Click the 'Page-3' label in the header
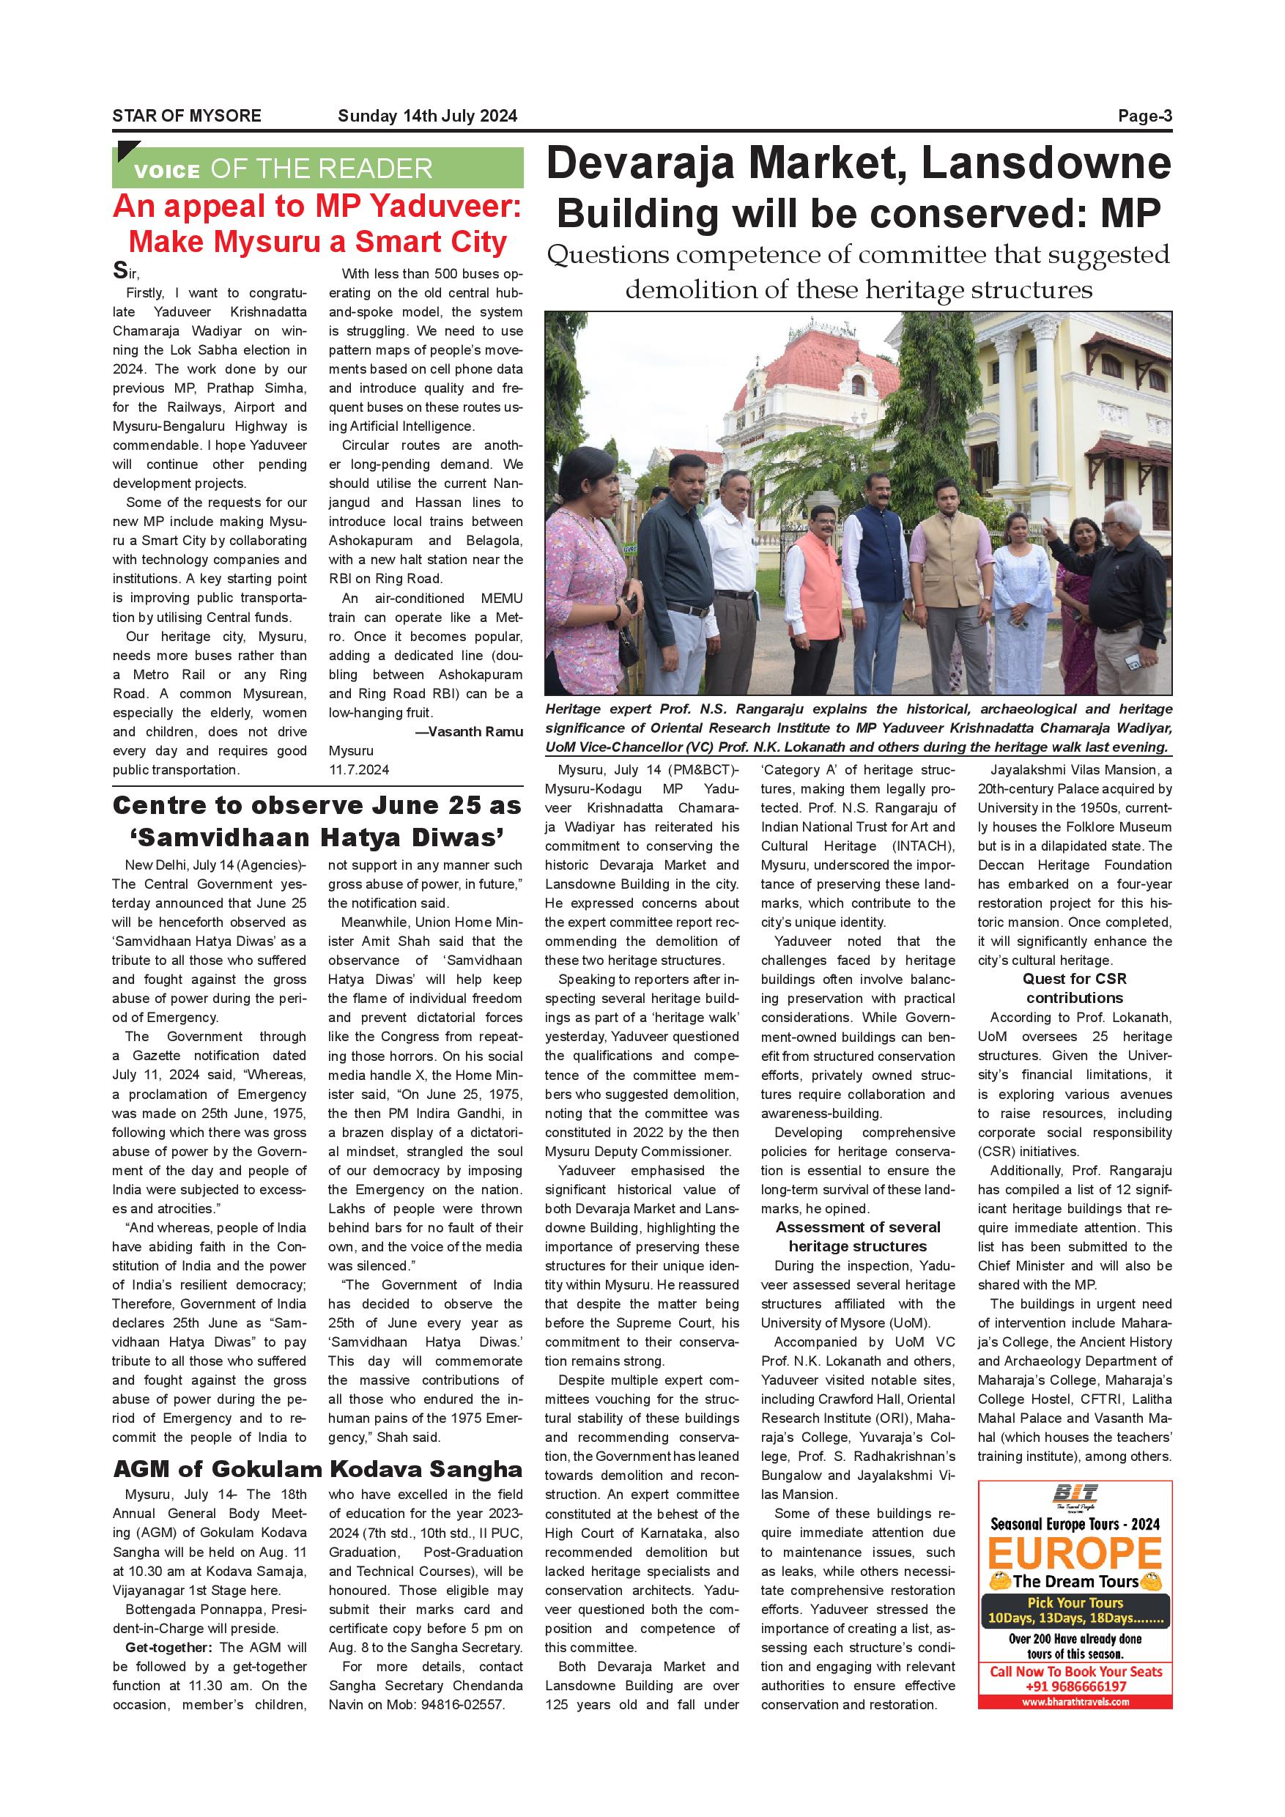(x=1144, y=116)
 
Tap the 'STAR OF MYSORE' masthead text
(x=187, y=116)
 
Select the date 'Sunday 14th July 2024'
(x=427, y=116)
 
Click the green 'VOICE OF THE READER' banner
(x=317, y=168)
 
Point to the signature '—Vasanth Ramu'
(x=469, y=732)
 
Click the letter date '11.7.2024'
(x=359, y=769)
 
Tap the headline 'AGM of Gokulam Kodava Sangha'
(x=317, y=1470)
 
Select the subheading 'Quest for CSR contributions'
(x=1074, y=988)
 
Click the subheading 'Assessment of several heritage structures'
(x=858, y=1236)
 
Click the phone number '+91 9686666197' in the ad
(x=1075, y=1687)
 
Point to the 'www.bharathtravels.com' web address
(x=1075, y=1702)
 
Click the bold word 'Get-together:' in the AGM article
(x=169, y=1648)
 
